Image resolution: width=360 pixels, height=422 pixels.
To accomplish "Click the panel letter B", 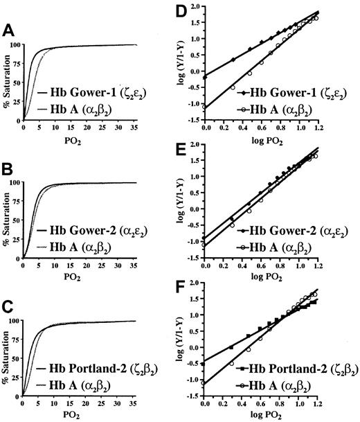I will [x=9, y=170].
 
